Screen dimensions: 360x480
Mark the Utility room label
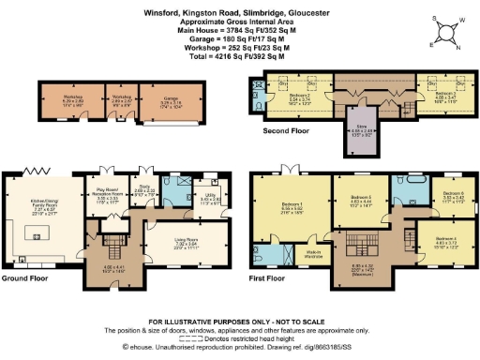pyautogui.click(x=211, y=199)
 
